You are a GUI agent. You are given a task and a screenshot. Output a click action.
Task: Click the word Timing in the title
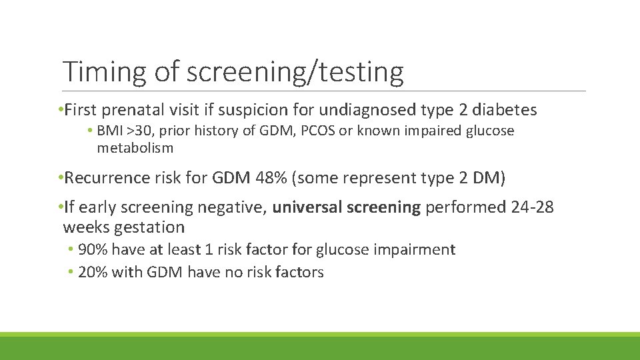pos(103,71)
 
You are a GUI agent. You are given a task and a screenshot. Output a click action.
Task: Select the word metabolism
pos(135,147)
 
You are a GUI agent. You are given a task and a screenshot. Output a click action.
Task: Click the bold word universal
pos(305,207)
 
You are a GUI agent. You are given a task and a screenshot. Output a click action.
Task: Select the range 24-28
pos(532,207)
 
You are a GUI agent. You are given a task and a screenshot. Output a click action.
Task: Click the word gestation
pos(149,227)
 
